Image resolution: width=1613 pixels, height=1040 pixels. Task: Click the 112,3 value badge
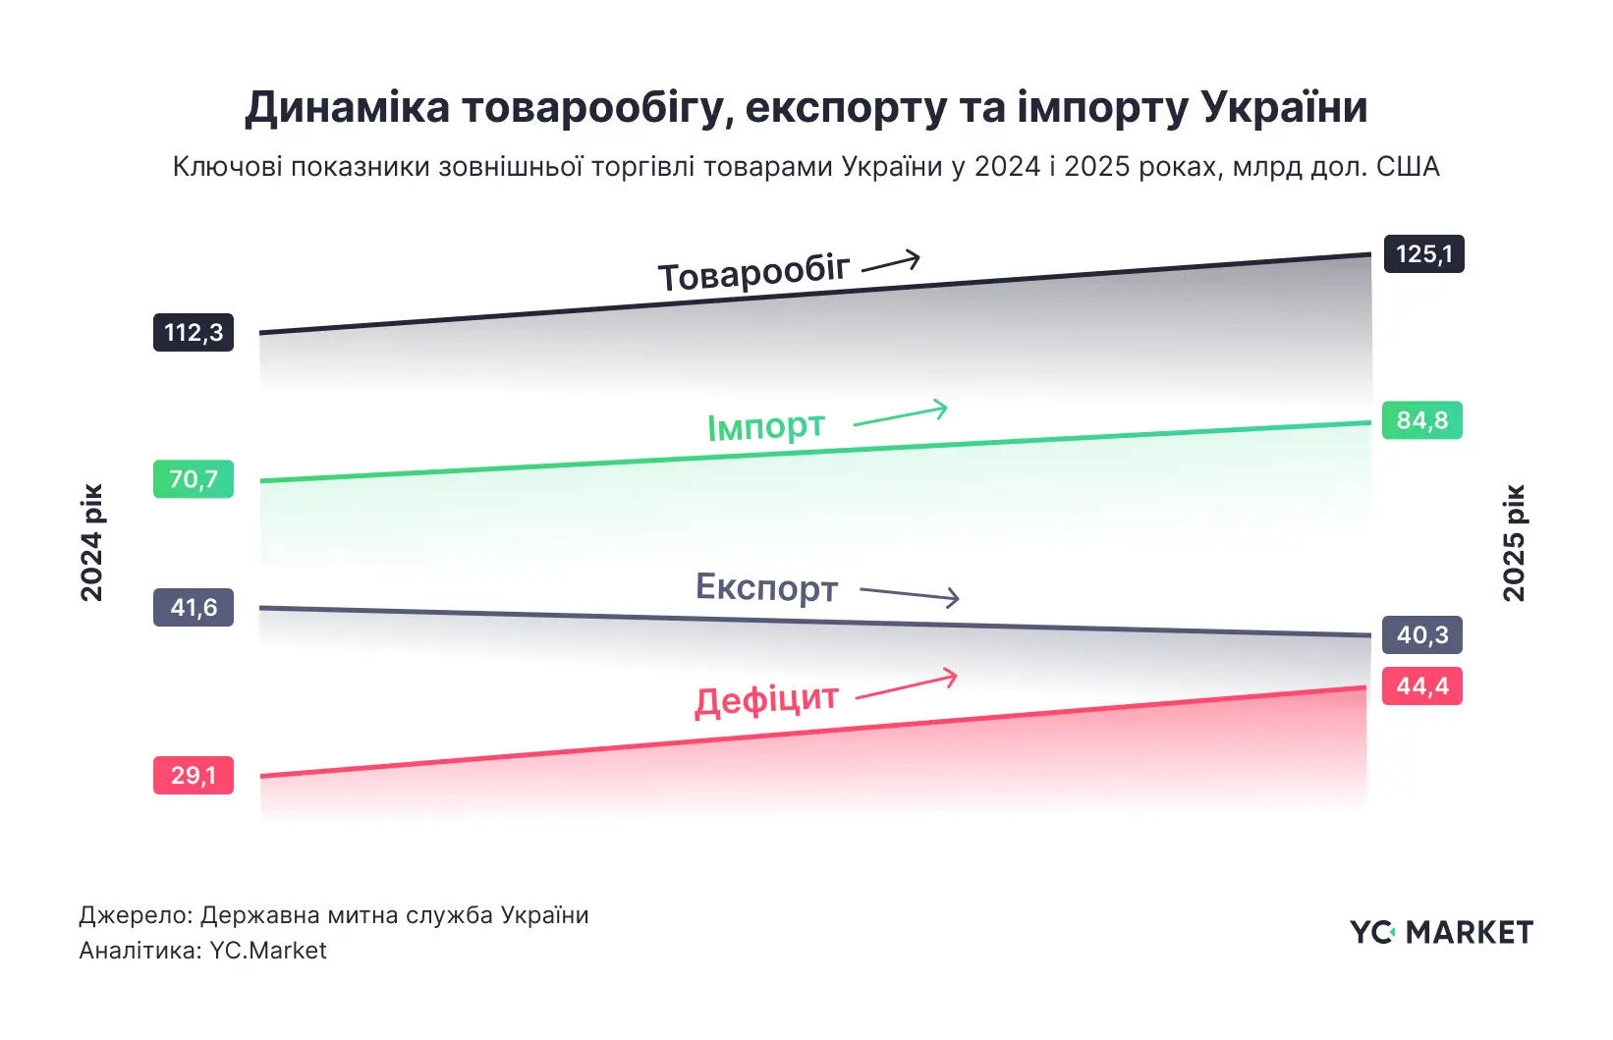(194, 333)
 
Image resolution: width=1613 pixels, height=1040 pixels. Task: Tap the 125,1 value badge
(1423, 254)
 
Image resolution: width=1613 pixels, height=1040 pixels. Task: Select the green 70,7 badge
(194, 479)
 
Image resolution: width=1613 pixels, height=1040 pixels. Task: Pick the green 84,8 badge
(1421, 420)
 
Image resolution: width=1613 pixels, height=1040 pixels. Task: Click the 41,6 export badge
(194, 607)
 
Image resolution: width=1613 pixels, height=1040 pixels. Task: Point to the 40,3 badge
(1421, 635)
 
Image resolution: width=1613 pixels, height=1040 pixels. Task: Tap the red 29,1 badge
(194, 775)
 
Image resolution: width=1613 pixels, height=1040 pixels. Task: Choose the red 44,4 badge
(1421, 685)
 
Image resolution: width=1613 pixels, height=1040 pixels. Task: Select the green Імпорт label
(766, 426)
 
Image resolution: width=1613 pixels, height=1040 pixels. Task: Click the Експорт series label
(766, 587)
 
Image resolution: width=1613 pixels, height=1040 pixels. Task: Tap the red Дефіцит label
(766, 700)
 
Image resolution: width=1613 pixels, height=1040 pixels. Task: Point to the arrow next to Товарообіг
(891, 262)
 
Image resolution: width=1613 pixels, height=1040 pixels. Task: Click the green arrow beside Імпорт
(901, 414)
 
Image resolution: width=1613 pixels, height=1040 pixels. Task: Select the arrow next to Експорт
(910, 594)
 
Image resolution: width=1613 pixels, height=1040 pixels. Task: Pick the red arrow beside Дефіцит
(907, 685)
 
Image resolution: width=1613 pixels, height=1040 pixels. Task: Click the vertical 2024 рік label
(91, 542)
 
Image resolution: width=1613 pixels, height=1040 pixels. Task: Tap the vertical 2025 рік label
(1514, 542)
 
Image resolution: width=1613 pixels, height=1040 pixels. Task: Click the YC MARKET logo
(1441, 932)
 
